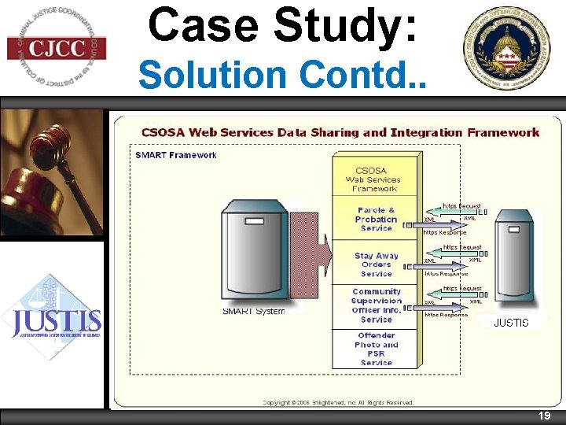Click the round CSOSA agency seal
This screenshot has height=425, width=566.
[511, 49]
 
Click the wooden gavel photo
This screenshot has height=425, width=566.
[52, 173]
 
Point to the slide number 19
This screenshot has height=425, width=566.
[543, 416]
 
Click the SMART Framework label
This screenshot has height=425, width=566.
[176, 155]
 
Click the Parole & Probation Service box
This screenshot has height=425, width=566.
[376, 219]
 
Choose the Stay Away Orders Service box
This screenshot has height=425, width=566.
[376, 264]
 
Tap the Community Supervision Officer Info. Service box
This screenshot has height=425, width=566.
[376, 305]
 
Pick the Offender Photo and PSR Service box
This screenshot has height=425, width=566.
[376, 349]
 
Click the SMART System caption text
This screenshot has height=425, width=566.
[253, 311]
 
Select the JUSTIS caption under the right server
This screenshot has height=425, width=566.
[511, 323]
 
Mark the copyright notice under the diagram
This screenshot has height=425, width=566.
[338, 402]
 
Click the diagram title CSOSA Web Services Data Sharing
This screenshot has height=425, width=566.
[340, 132]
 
